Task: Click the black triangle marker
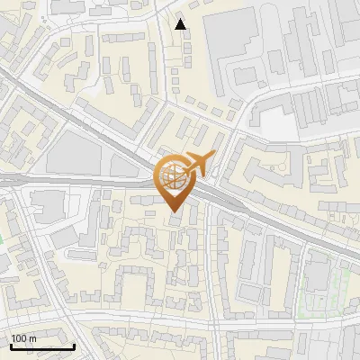click(x=181, y=24)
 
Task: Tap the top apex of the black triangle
click(x=181, y=19)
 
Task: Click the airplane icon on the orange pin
click(x=200, y=163)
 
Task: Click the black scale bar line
click(x=42, y=346)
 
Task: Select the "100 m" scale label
click(x=24, y=338)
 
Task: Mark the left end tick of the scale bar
click(x=11, y=345)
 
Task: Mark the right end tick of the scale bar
click(x=74, y=345)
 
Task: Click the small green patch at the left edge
click(x=2, y=240)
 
